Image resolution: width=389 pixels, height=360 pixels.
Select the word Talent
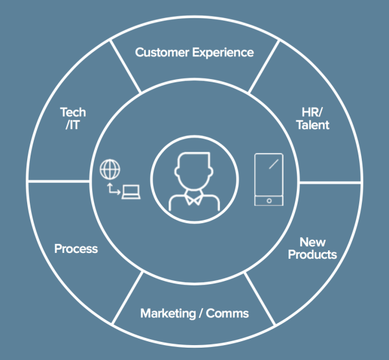(x=312, y=124)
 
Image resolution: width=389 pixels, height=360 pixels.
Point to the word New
(x=312, y=241)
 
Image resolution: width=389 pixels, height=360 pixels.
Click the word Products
(x=312, y=254)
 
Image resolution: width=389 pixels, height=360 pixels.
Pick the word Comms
(x=231, y=314)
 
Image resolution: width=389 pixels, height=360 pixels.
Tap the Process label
(x=76, y=249)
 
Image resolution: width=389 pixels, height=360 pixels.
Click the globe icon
(x=110, y=169)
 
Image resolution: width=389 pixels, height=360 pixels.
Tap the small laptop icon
(x=132, y=192)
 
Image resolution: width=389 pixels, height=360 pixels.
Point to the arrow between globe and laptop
(x=114, y=189)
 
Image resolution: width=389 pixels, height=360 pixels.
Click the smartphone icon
(x=268, y=180)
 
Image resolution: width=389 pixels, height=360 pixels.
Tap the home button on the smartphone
(x=268, y=200)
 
